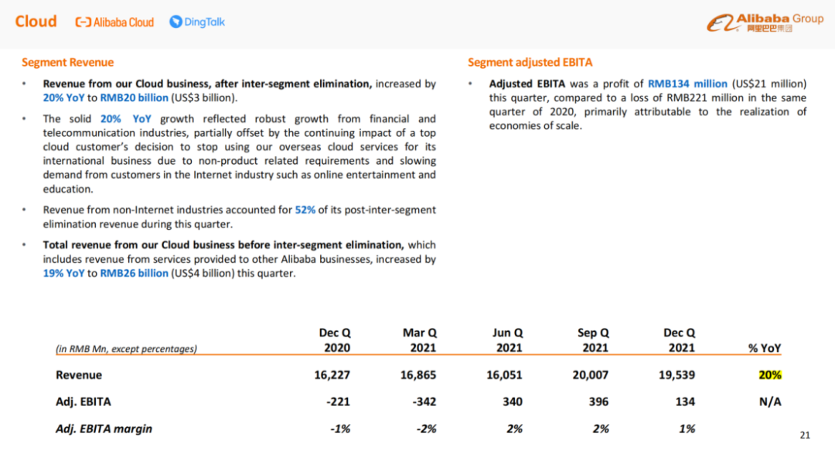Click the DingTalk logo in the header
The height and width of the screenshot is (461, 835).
[197, 22]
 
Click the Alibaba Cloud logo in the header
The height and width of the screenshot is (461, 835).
[114, 22]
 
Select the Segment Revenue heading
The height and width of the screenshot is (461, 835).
[67, 63]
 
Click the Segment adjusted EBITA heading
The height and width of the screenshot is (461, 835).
[530, 63]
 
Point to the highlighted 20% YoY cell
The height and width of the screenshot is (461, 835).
[770, 375]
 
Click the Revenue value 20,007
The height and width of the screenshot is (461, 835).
[592, 375]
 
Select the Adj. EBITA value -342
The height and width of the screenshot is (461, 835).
[424, 401]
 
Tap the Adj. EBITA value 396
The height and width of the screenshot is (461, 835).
[598, 401]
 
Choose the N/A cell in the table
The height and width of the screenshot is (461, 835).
[770, 401]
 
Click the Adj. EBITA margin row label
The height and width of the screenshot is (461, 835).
[104, 429]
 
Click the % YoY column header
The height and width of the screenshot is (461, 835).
[765, 348]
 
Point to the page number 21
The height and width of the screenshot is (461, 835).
[804, 435]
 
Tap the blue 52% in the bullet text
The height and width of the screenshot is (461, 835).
[305, 210]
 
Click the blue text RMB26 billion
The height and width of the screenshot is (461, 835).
[134, 274]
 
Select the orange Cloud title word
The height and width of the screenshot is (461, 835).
[36, 22]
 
